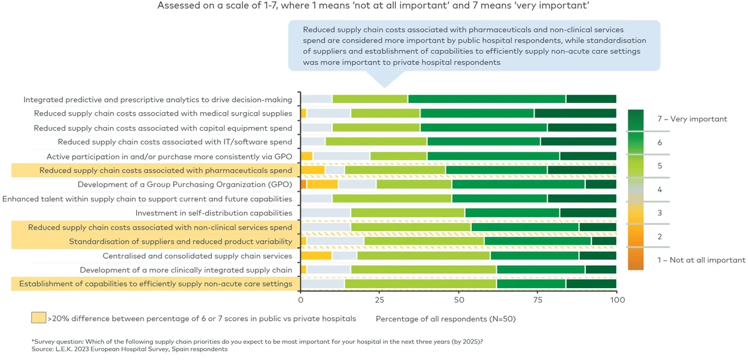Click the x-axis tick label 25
tap(380, 300)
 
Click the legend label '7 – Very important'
tap(692, 119)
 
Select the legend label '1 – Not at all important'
tap(701, 260)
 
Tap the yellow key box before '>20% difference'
tap(39, 318)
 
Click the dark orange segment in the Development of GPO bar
tap(304, 185)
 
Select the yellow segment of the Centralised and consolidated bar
tap(316, 255)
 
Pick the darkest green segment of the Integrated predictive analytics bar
tap(591, 99)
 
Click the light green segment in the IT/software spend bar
tap(376, 142)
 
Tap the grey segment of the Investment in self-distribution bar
tap(326, 213)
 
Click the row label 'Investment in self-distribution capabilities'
tap(214, 213)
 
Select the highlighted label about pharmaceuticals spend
tap(166, 170)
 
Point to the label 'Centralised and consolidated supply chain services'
tap(197, 255)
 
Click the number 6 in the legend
tap(659, 143)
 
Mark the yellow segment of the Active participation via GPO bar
tap(307, 156)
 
